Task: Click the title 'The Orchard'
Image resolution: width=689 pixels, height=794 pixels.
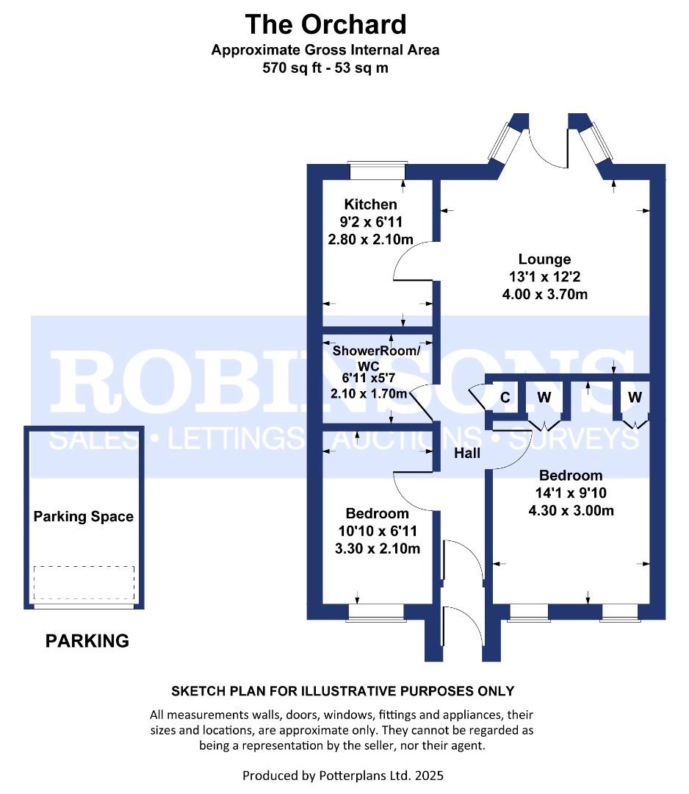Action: click(x=325, y=25)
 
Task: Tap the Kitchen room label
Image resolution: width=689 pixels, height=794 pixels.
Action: click(x=370, y=204)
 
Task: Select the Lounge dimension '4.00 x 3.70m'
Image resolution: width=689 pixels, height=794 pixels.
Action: click(x=545, y=294)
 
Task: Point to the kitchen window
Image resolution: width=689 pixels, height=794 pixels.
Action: click(x=378, y=171)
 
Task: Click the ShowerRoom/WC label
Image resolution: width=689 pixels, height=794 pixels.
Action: click(x=376, y=357)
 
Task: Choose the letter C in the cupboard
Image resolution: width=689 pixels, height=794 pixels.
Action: click(x=505, y=398)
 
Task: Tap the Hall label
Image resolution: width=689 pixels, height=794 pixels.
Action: click(x=467, y=453)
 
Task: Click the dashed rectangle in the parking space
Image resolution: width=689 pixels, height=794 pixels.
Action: click(x=84, y=583)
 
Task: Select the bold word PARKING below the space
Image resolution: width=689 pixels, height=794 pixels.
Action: click(x=87, y=641)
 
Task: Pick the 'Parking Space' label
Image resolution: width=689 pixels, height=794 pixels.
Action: click(x=84, y=517)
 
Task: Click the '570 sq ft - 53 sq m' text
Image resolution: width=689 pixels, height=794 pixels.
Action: click(x=325, y=68)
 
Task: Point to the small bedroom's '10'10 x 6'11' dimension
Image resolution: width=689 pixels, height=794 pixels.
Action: click(x=378, y=531)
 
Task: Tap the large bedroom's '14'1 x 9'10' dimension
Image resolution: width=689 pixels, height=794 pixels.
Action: click(x=571, y=493)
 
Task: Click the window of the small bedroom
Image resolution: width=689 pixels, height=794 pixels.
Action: click(x=376, y=612)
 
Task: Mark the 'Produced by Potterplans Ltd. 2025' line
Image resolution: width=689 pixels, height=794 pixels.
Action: click(x=343, y=776)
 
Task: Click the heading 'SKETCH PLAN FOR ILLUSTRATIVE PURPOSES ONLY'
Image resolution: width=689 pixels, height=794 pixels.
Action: click(x=343, y=691)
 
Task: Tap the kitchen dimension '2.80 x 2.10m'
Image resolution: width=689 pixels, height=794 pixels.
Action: click(x=370, y=239)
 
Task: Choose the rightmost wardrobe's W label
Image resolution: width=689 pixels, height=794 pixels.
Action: click(x=635, y=397)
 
